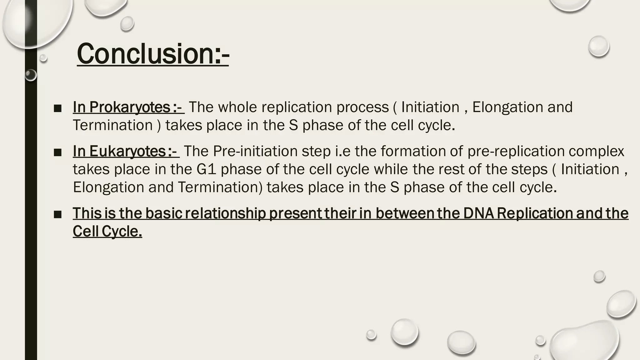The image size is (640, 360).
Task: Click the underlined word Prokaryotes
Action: pos(129,107)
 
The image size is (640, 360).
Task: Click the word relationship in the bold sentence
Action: pos(225,213)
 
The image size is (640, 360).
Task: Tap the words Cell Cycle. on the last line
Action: pos(107,232)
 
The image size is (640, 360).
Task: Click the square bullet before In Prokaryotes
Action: pos(57,108)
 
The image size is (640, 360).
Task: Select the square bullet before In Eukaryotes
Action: pos(57,152)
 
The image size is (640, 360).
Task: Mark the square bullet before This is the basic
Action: pos(57,215)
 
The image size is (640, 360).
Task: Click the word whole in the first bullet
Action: pos(237,107)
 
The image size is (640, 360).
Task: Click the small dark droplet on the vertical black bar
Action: pos(31,75)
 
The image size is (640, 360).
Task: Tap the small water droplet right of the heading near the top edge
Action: pos(127,24)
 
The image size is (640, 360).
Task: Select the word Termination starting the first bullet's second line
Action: pos(112,125)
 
